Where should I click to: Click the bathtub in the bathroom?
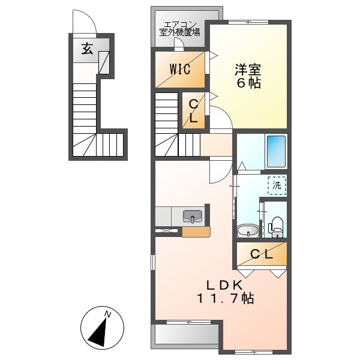(x=275, y=151)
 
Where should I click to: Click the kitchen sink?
(x=193, y=217)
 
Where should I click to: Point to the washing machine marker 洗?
(x=277, y=185)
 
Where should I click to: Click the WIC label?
(x=179, y=69)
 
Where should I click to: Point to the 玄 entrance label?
(x=87, y=49)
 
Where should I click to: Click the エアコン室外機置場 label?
(x=180, y=29)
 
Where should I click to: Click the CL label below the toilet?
(x=262, y=254)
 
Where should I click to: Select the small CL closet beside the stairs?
(x=193, y=111)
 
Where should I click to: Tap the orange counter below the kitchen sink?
(x=196, y=231)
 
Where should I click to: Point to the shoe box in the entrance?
(x=104, y=61)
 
